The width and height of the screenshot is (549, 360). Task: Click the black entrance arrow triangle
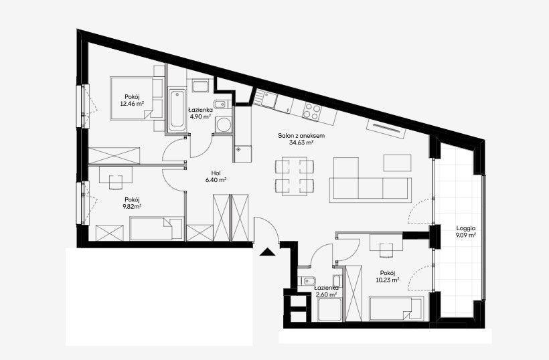coord(268,252)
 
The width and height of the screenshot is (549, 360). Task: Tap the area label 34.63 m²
coord(301,143)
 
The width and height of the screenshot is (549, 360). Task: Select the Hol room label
coord(216,173)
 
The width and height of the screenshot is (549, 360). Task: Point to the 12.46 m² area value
coord(133,104)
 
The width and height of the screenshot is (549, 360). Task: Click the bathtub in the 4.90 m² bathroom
coord(176,109)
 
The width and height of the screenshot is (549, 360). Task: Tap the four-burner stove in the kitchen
coord(311,111)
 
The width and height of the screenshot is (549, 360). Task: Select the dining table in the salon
coord(294,176)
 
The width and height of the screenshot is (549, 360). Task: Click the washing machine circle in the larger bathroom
coord(223,124)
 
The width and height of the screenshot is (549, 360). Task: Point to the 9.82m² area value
coord(132,206)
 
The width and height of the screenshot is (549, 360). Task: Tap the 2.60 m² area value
coord(326,294)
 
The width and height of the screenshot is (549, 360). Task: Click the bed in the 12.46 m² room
coord(132,98)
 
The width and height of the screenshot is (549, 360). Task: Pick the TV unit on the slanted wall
coord(386,128)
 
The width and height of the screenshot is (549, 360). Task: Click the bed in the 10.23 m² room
coord(396,308)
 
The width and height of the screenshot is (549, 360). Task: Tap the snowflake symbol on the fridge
coord(239,149)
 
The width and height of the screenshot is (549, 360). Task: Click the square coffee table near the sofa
coord(397,163)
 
